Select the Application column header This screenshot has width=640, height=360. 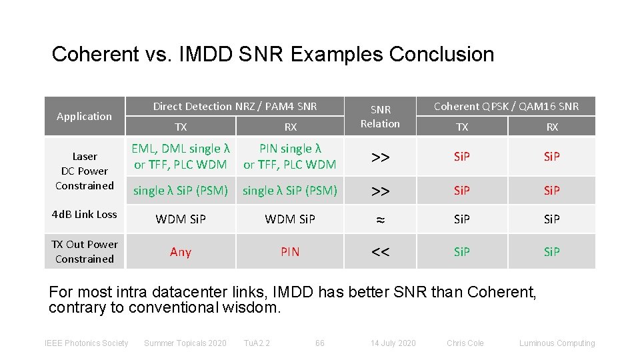84,116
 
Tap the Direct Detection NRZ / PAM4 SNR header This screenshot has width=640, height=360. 235,106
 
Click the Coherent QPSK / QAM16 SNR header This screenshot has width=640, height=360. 506,106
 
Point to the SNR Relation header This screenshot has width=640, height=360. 380,116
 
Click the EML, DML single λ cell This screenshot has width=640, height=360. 181,156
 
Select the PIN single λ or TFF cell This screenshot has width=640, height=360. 290,156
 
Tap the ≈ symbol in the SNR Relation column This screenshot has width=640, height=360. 380,219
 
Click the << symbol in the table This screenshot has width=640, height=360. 380,251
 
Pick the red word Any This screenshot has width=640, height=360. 181,251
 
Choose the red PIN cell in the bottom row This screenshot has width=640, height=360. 290,251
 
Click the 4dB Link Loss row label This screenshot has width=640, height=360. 84,214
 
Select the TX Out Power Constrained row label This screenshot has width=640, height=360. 84,251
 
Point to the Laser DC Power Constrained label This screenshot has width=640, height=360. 84,171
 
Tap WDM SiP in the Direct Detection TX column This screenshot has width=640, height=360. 181,219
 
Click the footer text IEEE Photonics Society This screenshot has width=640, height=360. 86,343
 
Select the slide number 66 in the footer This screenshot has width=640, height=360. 320,343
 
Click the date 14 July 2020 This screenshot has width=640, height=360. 393,343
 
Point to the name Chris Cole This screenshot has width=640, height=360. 465,343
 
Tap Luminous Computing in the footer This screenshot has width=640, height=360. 557,343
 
